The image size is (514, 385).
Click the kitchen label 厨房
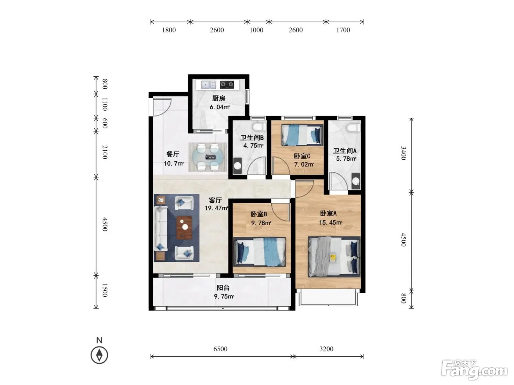coord(218,98)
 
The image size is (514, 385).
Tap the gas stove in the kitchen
coord(227,84)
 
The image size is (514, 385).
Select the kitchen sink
coord(209,85)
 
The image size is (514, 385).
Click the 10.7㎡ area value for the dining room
coord(174,164)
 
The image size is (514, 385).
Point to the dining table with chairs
coord(208,157)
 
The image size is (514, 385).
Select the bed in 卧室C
coord(302,135)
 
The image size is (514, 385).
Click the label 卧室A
coord(328,213)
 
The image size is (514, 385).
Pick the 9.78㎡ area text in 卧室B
coord(261,223)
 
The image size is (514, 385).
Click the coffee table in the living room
coord(184,227)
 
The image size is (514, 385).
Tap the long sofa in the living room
coord(160,228)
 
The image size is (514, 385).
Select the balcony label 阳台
coord(223,287)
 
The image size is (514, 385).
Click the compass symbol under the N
coord(99,355)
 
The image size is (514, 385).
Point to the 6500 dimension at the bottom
coord(220,349)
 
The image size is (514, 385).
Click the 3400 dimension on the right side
coord(403,153)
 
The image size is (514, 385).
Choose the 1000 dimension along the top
coord(256,30)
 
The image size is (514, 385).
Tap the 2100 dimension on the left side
coord(105,152)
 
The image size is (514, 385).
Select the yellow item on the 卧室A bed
coord(333,258)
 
